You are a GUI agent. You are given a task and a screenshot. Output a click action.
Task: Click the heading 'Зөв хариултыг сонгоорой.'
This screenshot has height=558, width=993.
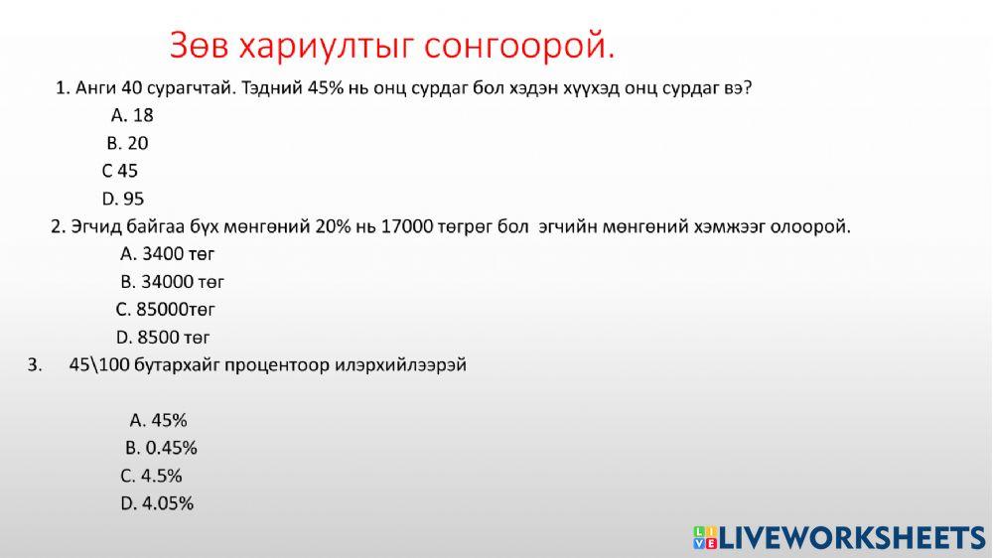coord(392,46)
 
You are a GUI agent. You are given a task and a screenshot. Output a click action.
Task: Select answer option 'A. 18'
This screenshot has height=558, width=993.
coord(132,115)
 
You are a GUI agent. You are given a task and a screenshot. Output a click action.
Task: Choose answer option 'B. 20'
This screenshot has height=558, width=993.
coord(128,143)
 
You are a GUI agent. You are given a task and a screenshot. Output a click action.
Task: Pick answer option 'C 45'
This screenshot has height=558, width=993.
coord(120,171)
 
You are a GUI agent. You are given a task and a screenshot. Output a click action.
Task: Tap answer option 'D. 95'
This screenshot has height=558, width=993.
coord(123,199)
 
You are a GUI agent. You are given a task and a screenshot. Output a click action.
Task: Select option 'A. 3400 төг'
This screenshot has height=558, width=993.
coord(168,254)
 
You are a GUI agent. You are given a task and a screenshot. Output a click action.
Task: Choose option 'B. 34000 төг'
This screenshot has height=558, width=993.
coord(173,282)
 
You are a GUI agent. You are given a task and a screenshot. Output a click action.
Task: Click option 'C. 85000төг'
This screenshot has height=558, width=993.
coord(166,310)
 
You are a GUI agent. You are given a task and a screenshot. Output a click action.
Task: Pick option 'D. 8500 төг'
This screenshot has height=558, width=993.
coord(163,338)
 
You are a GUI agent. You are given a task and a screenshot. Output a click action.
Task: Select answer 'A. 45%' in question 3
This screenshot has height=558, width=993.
coord(159,420)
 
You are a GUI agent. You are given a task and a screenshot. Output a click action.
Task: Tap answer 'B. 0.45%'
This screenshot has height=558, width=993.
coord(161,448)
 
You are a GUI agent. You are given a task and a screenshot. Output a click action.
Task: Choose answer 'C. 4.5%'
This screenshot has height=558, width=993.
coord(152,476)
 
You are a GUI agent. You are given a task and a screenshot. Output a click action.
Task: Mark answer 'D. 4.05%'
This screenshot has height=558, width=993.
coord(157,503)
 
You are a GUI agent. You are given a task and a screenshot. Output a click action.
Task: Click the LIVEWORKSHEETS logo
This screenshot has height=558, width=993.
coord(839,537)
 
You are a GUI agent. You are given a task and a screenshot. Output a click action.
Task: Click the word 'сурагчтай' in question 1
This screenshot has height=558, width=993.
coord(194,88)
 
